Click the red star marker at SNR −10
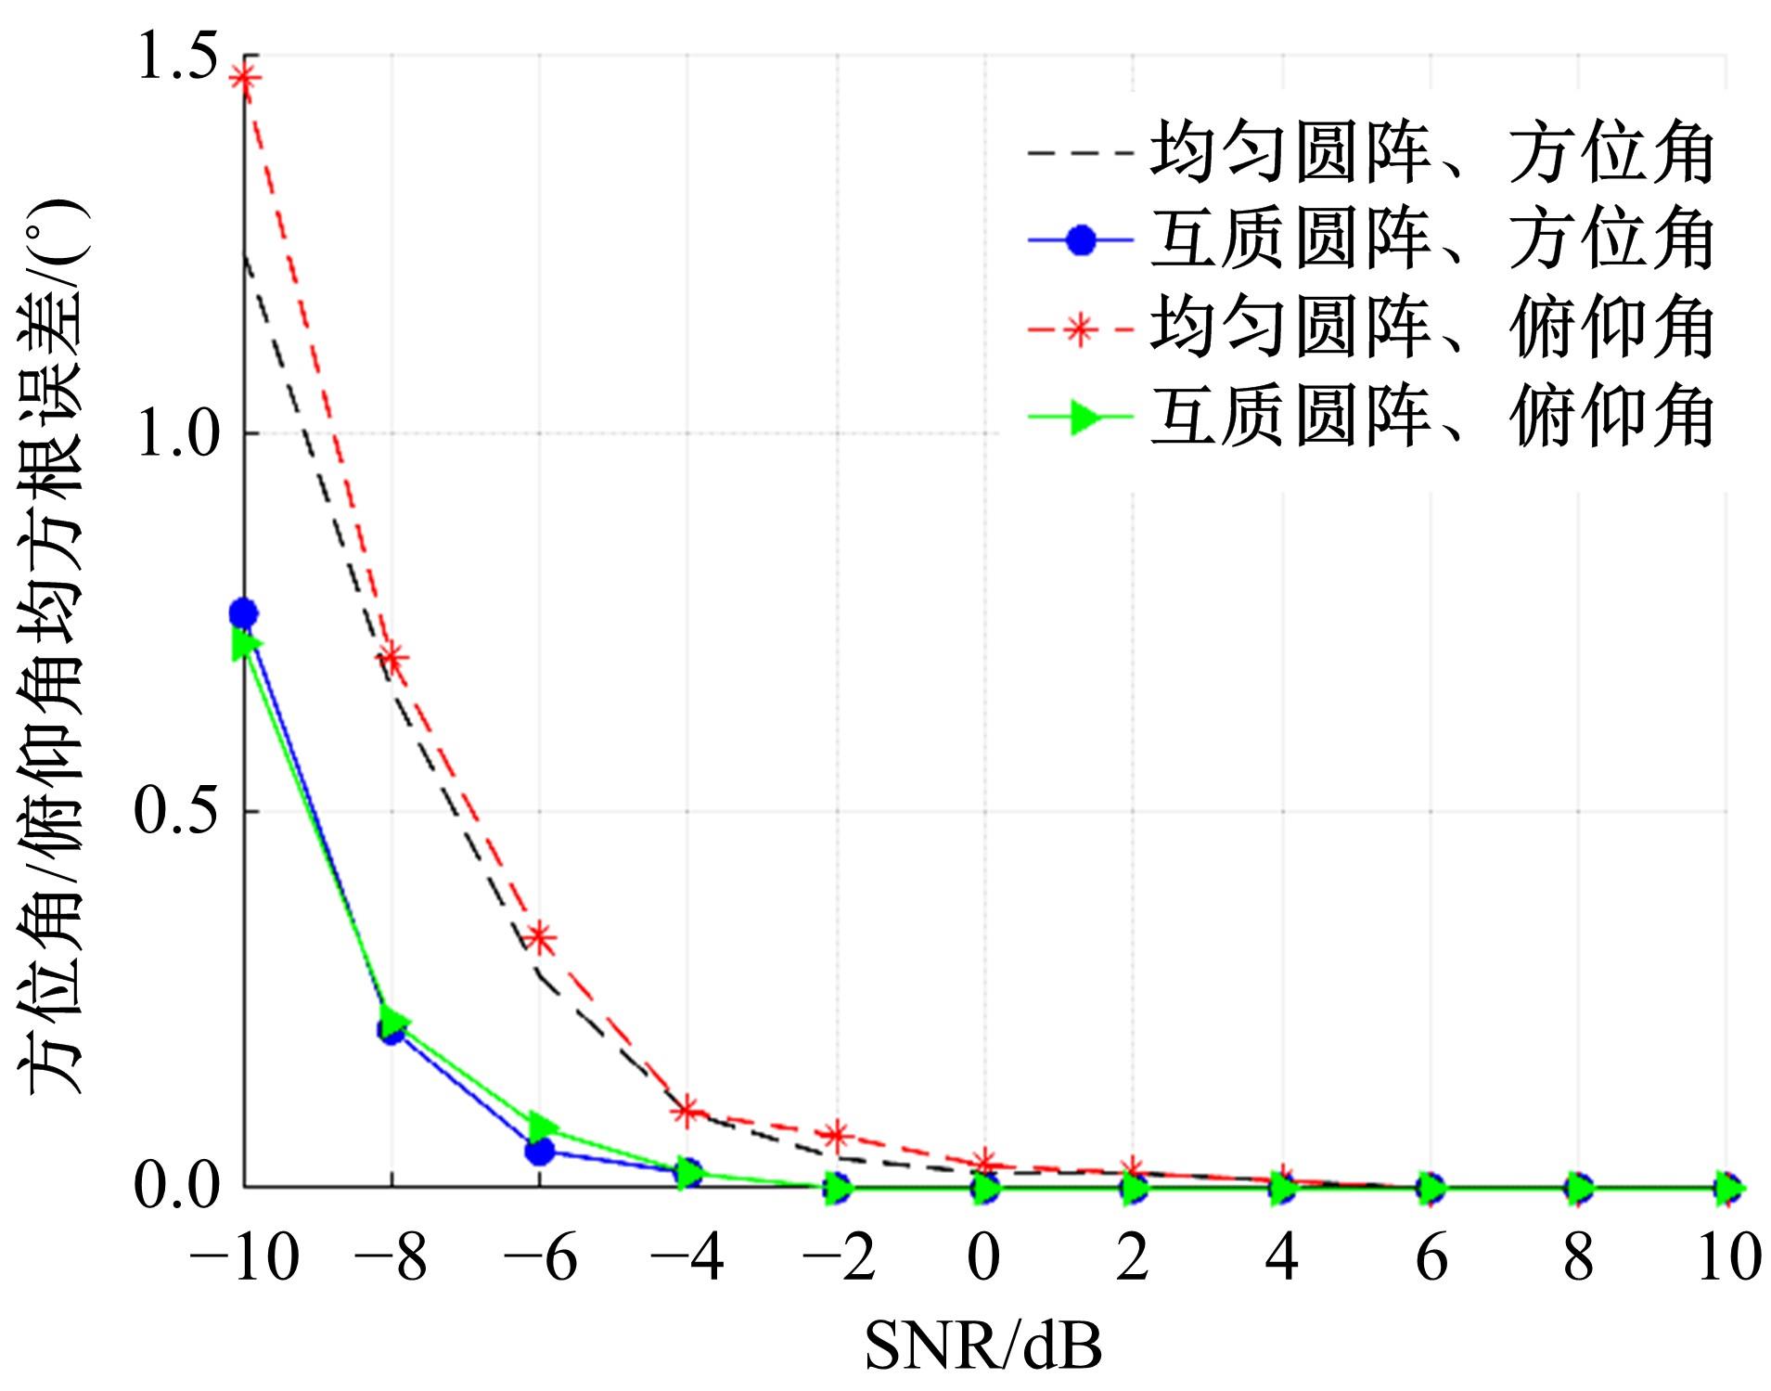[244, 78]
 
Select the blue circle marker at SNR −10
[244, 613]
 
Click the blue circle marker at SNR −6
[540, 1151]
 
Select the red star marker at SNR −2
[837, 1135]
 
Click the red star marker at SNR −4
[687, 1110]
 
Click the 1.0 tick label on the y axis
[175, 434]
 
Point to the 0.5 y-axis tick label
[175, 811]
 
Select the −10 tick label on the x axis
[243, 1259]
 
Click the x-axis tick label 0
[983, 1259]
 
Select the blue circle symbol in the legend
[1080, 241]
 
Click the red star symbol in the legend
[1080, 329]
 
